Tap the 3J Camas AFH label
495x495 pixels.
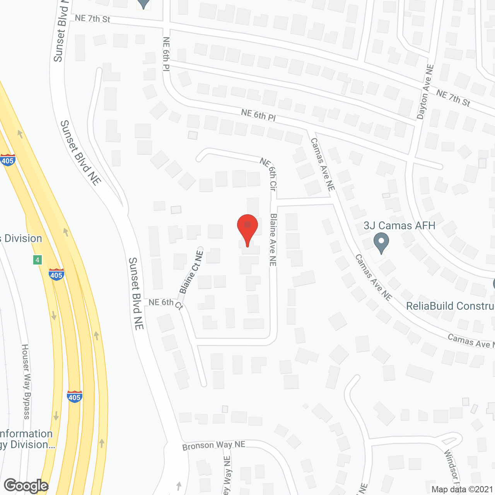point(399,226)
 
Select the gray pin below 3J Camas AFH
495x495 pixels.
point(381,244)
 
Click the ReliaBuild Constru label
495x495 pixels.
point(450,306)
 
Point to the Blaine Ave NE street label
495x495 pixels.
point(273,240)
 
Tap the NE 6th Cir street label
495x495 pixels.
point(269,174)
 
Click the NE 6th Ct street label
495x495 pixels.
point(166,303)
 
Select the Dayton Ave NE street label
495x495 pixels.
point(425,92)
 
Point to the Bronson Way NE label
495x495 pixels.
point(214,445)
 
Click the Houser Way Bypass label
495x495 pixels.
point(26,382)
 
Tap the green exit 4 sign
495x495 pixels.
point(38,260)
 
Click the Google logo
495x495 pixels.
point(26,486)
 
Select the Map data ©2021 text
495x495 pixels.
point(462,490)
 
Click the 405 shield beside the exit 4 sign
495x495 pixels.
point(56,275)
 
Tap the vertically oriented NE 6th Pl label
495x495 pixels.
point(166,54)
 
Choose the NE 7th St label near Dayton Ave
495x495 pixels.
point(453,98)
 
